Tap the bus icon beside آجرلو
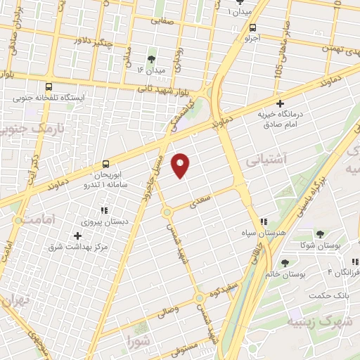[x=252, y=27]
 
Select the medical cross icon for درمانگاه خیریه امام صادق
[x=280, y=103]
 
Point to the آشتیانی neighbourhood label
[x=266, y=160]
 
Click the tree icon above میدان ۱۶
[x=150, y=59]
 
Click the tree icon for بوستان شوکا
[x=320, y=233]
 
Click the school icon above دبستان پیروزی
[x=104, y=210]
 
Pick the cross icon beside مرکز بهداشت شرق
[x=77, y=235]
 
